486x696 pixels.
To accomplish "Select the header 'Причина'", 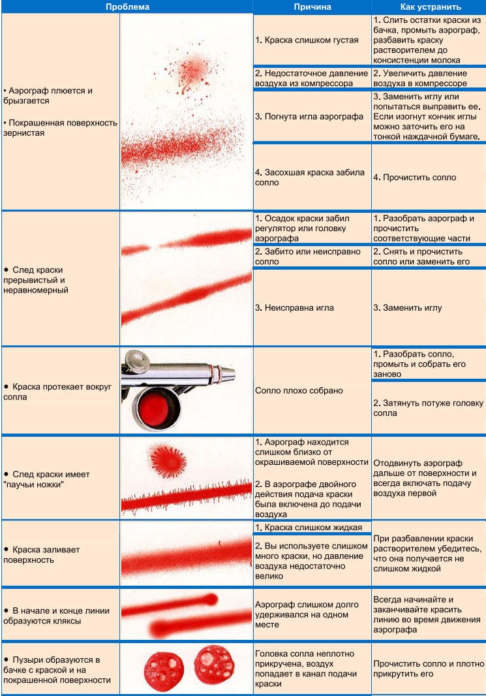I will (x=312, y=7).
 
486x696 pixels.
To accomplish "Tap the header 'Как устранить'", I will (x=428, y=7).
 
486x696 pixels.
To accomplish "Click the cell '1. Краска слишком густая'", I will (x=307, y=40).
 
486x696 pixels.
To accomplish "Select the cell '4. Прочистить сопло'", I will (x=415, y=177).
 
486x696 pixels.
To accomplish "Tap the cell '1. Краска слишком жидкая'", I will (x=309, y=527).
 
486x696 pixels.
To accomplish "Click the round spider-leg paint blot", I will (x=166, y=460).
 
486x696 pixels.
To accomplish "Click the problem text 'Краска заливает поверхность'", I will (x=42, y=554).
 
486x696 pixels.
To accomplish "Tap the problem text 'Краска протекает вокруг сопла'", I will (x=57, y=392).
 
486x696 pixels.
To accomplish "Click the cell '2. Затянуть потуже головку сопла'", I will (x=427, y=408).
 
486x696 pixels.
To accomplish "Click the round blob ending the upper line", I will (x=212, y=599).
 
